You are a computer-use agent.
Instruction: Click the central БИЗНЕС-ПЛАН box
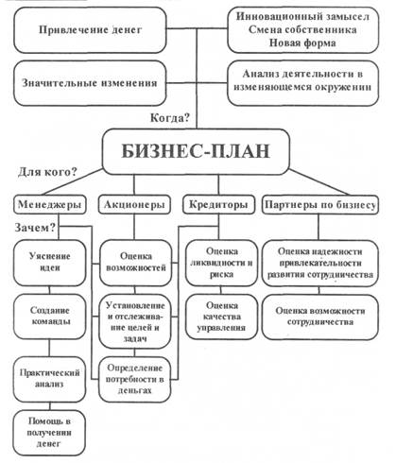[196, 151]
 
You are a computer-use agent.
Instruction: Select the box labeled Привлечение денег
[90, 30]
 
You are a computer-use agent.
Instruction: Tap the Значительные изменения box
[90, 83]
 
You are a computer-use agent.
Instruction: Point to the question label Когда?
[170, 118]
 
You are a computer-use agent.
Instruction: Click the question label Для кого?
[47, 172]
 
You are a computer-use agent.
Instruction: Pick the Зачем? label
[35, 228]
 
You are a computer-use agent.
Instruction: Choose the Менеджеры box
[50, 205]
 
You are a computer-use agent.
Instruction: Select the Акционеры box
[134, 205]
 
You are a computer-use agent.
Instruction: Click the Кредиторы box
[218, 205]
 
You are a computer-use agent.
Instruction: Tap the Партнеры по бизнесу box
[320, 205]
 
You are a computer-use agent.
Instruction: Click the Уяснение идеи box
[50, 263]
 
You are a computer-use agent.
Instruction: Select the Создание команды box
[50, 317]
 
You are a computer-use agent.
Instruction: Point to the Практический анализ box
[50, 379]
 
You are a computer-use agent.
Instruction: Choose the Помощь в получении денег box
[50, 433]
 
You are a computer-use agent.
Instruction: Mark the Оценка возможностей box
[136, 263]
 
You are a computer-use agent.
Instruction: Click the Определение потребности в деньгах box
[135, 379]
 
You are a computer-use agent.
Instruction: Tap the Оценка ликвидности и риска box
[221, 263]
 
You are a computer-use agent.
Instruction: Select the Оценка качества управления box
[221, 317]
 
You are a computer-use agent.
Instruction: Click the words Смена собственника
[302, 29]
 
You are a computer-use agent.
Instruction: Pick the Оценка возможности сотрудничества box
[320, 317]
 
